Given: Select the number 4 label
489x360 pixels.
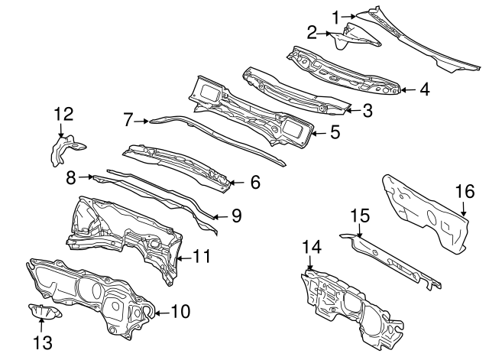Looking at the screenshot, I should [424, 89].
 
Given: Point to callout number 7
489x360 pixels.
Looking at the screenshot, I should [129, 119].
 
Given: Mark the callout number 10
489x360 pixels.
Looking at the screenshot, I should [180, 312].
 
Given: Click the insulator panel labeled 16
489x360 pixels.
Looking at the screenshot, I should [424, 212].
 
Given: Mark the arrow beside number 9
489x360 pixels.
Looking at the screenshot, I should [217, 216].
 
